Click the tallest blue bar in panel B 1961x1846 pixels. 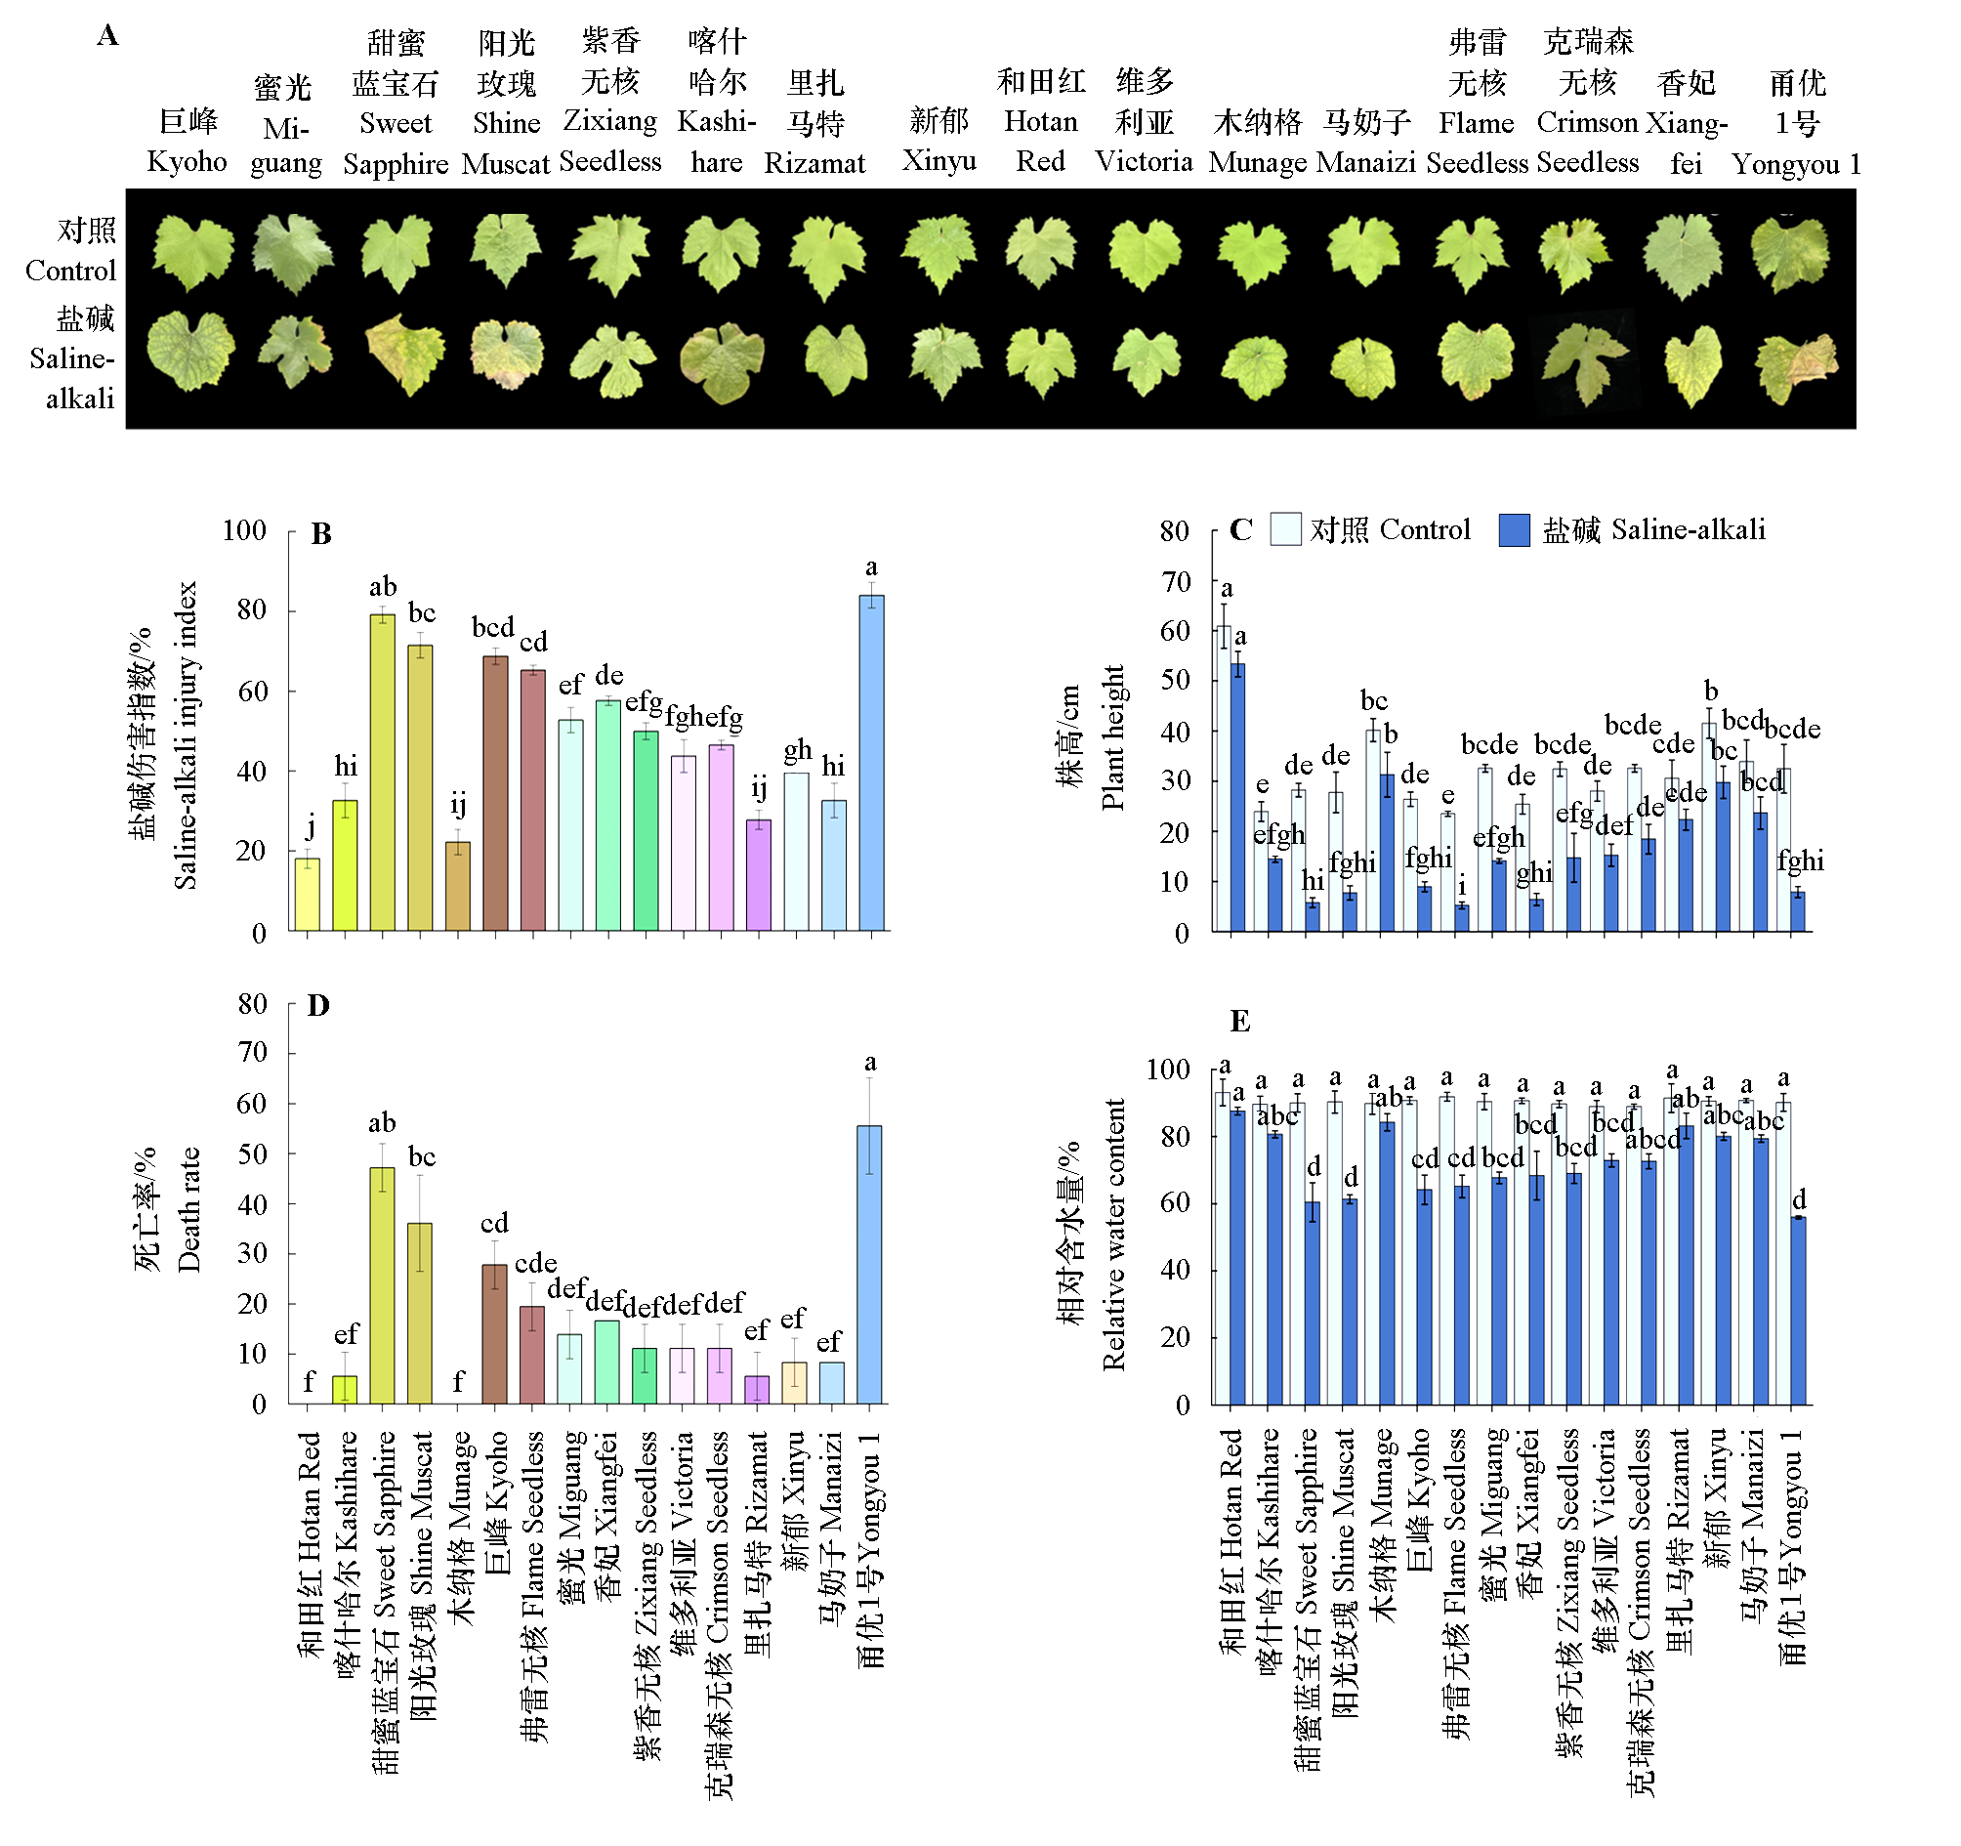point(871,762)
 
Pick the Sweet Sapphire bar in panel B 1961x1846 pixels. point(383,772)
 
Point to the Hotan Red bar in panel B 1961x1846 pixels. point(308,894)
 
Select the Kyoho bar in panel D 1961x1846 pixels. point(494,1333)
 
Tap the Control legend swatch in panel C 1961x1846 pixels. point(1285,529)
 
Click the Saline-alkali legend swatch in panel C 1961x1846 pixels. point(1514,529)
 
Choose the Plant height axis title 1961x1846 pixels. point(1112,737)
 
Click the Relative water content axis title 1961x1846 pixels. point(1113,1235)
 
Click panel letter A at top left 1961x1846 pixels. point(107,36)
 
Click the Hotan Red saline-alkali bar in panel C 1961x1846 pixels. point(1238,797)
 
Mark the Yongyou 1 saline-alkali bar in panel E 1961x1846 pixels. point(1798,1310)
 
